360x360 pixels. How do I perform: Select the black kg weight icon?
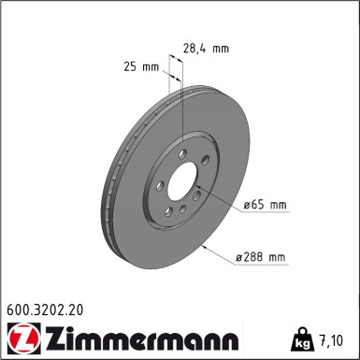[307, 339]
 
